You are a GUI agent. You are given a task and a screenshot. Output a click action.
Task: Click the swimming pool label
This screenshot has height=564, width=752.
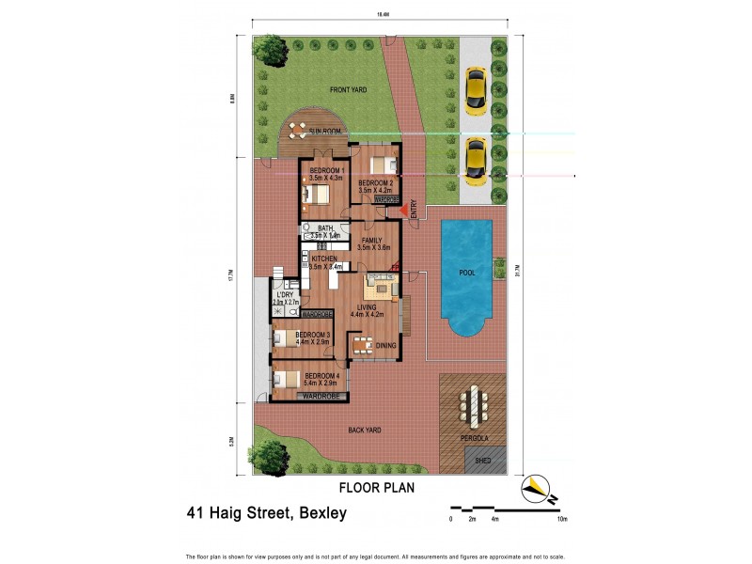(x=467, y=273)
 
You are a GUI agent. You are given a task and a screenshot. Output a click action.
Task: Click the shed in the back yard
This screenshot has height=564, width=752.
(x=483, y=462)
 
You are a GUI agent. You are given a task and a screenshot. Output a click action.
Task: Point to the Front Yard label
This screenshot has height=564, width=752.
(x=348, y=90)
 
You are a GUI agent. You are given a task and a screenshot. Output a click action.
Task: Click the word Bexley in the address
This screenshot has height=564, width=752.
(x=321, y=513)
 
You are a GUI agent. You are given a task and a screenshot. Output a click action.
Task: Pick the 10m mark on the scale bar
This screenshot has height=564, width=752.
(x=562, y=519)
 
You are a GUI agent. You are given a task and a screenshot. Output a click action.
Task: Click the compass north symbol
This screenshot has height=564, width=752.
(x=537, y=487)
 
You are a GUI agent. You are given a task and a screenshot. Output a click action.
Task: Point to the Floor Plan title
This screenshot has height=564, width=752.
(x=376, y=489)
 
